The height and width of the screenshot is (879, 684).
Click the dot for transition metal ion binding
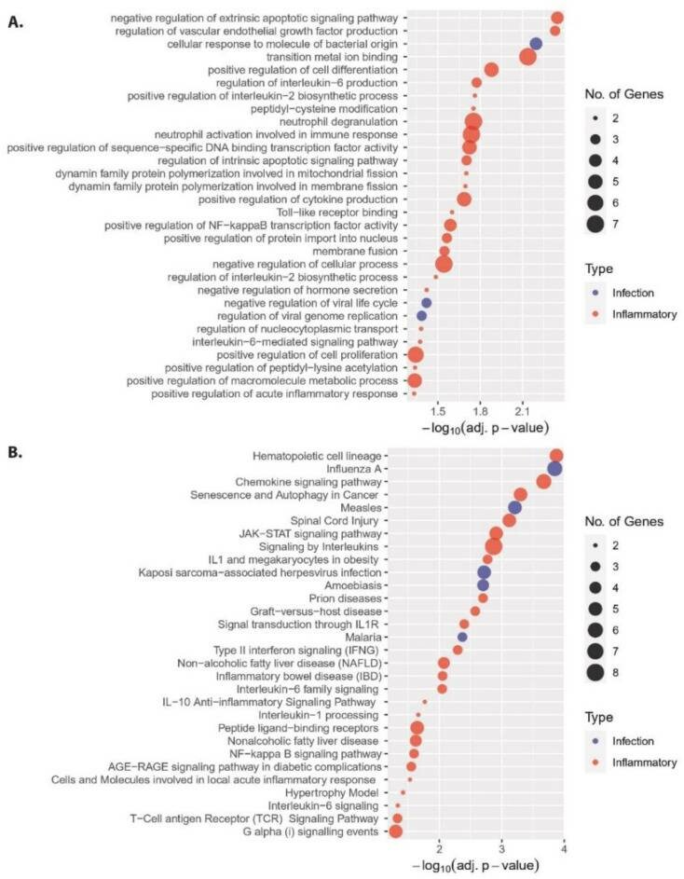pyautogui.click(x=527, y=57)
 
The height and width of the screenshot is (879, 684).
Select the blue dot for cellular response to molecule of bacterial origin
pyautogui.click(x=536, y=44)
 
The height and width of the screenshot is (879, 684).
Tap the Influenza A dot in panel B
pyautogui.click(x=554, y=469)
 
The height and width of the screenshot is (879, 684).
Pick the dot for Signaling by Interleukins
pyautogui.click(x=494, y=546)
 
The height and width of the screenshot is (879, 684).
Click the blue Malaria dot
pyautogui.click(x=462, y=637)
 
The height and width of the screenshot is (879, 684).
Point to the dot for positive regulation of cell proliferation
pyautogui.click(x=416, y=355)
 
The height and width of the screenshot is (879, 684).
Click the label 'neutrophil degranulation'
pyautogui.click(x=338, y=122)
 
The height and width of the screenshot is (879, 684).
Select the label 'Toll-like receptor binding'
pyautogui.click(x=337, y=213)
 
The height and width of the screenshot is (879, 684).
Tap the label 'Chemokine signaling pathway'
pyautogui.click(x=308, y=482)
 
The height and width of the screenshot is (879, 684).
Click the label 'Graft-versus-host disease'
pyautogui.click(x=316, y=611)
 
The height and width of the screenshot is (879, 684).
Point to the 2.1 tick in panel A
pyautogui.click(x=523, y=412)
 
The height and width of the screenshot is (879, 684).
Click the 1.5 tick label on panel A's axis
pyautogui.click(x=438, y=412)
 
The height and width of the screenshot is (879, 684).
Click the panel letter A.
pyautogui.click(x=15, y=22)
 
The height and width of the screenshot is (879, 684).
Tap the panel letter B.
pyautogui.click(x=15, y=452)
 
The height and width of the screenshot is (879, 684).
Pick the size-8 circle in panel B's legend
pyautogui.click(x=595, y=672)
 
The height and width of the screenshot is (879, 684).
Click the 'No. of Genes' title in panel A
pyautogui.click(x=624, y=94)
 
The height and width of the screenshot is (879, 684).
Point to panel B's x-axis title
pyautogui.click(x=475, y=865)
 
